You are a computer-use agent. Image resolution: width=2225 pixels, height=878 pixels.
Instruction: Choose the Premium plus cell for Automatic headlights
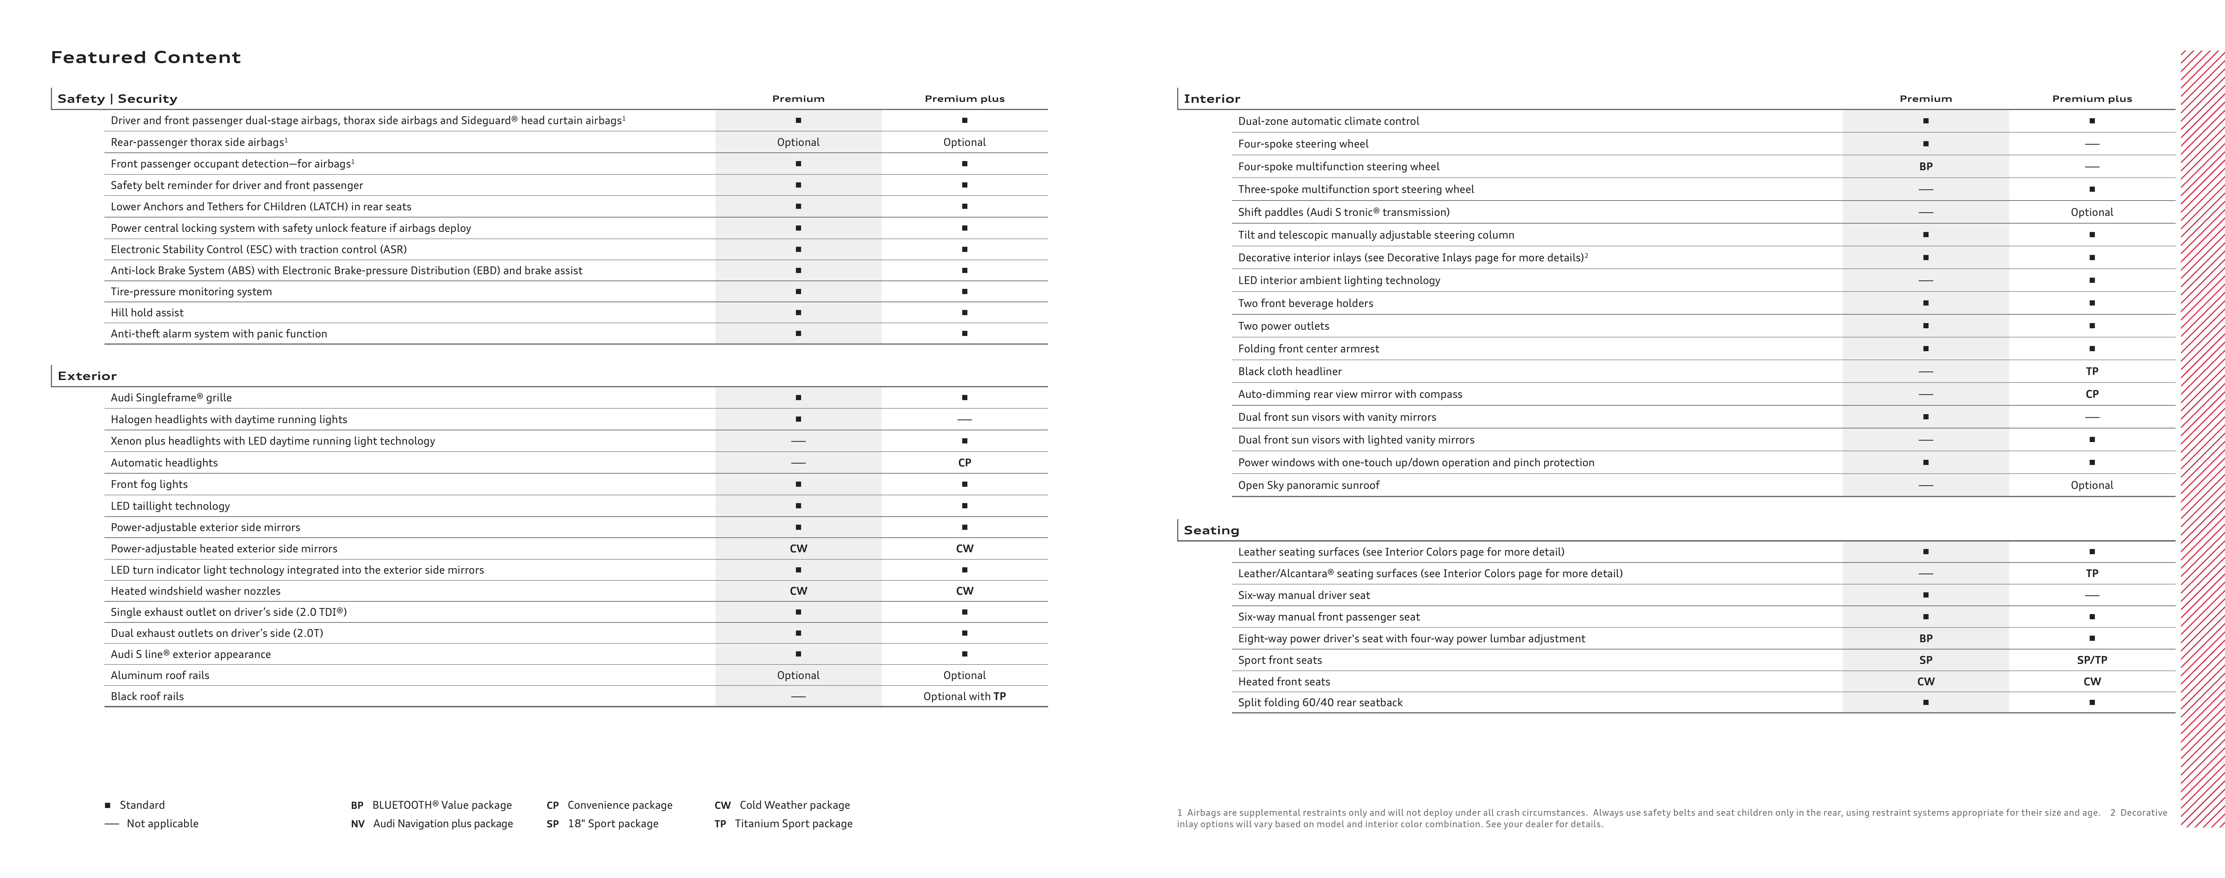(x=964, y=463)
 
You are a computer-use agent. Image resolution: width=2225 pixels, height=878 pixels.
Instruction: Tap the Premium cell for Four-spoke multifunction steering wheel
(x=1925, y=167)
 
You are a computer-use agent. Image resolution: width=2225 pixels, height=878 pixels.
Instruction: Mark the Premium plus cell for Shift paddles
(x=2091, y=212)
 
